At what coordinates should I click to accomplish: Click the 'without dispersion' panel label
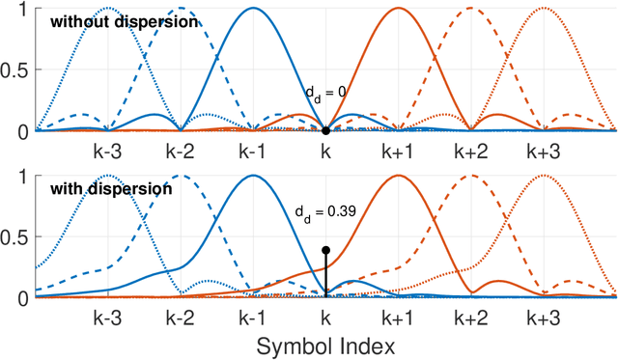[111, 21]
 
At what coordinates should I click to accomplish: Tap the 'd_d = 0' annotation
[326, 93]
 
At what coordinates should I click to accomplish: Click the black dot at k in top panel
[325, 130]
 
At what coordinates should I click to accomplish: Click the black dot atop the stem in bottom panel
[325, 250]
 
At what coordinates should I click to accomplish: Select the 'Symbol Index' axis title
[325, 344]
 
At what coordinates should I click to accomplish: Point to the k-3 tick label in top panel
[108, 152]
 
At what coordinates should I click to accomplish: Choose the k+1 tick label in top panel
[398, 152]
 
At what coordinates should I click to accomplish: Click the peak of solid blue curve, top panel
[253, 8]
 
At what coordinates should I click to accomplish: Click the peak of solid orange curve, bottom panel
[398, 176]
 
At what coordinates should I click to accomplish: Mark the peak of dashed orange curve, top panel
[470, 8]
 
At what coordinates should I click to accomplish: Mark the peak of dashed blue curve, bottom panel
[181, 176]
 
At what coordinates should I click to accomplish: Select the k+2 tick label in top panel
[470, 152]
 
